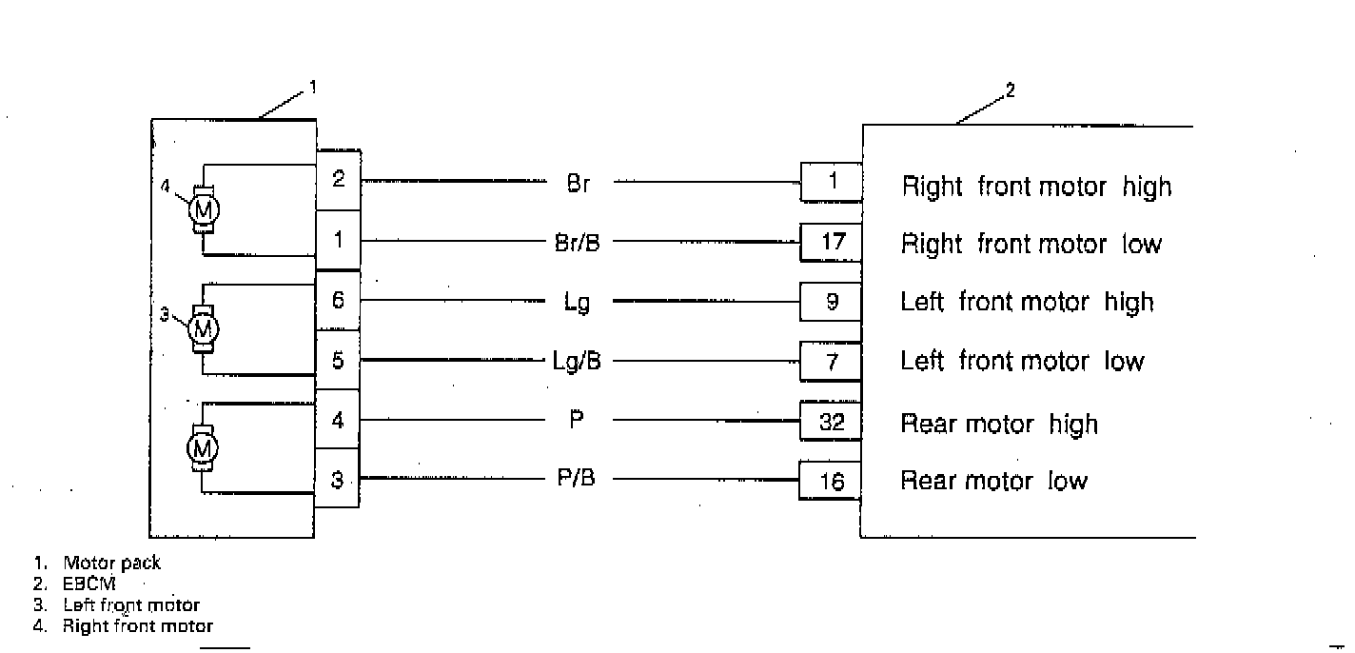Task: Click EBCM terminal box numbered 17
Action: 831,243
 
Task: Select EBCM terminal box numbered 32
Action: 831,422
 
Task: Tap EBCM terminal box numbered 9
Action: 831,302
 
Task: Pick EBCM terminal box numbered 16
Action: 831,482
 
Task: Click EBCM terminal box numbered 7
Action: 831,361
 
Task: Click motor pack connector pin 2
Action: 338,179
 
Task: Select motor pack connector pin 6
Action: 338,300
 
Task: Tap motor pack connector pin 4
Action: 338,420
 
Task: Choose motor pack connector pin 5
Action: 338,360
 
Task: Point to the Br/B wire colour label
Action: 578,243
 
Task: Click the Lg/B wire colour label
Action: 578,361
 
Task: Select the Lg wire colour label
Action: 578,303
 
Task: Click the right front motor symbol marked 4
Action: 204,208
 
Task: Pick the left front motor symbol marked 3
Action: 203,328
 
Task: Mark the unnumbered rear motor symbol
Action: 203,447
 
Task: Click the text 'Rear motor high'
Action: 999,424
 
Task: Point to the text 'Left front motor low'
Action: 1022,362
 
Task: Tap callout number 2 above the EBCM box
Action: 1011,91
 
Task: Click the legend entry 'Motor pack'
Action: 111,563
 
